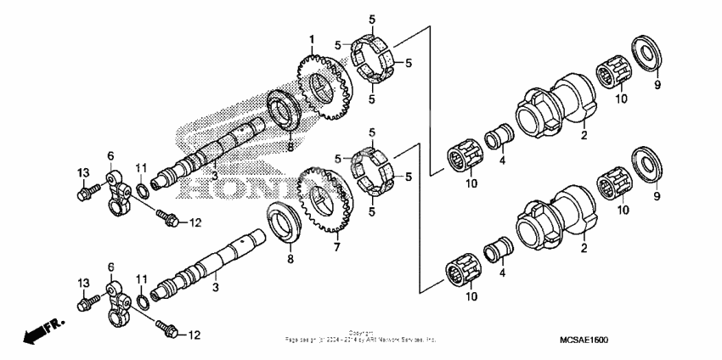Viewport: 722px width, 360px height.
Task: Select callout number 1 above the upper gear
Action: (x=312, y=40)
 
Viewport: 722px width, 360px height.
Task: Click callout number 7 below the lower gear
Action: (x=336, y=248)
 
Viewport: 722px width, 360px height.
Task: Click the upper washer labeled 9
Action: (x=646, y=52)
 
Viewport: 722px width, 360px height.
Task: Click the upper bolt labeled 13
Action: (x=83, y=192)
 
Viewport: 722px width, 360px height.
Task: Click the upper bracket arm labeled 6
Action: (x=116, y=188)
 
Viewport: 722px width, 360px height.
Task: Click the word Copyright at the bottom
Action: (x=361, y=333)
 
